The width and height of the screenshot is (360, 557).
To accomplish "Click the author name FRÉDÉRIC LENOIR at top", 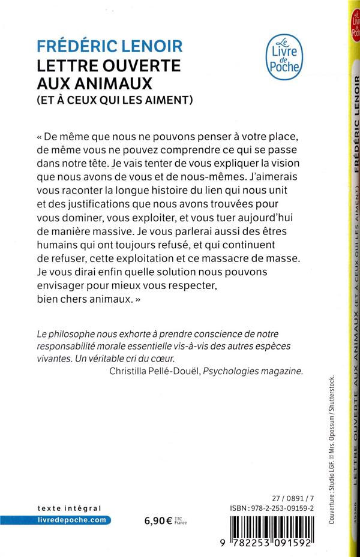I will point(110,46).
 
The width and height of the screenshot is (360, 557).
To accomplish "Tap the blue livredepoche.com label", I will point(71,520).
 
